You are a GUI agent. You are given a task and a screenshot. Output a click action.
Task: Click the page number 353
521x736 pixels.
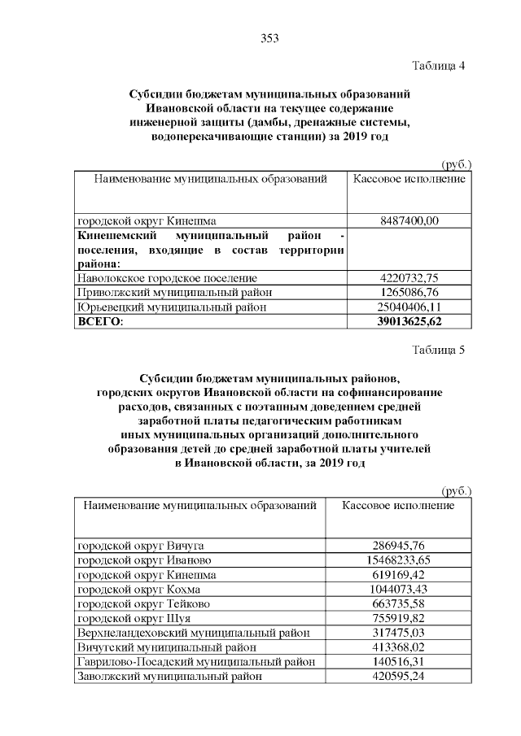click(269, 37)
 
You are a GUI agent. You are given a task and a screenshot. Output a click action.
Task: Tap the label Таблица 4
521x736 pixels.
click(438, 65)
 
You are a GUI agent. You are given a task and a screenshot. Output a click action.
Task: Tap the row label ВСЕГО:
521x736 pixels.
click(99, 321)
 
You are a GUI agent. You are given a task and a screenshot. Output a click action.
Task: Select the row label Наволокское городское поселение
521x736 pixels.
click(167, 278)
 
